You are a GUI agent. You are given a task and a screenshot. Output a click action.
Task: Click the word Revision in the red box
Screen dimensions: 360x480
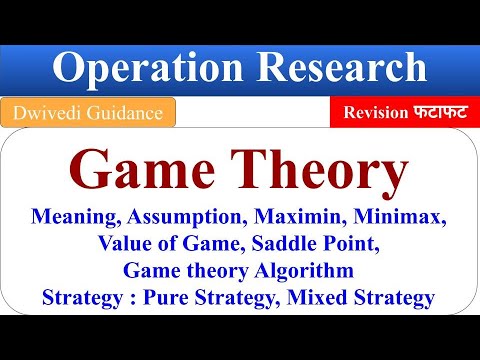[374, 112]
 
